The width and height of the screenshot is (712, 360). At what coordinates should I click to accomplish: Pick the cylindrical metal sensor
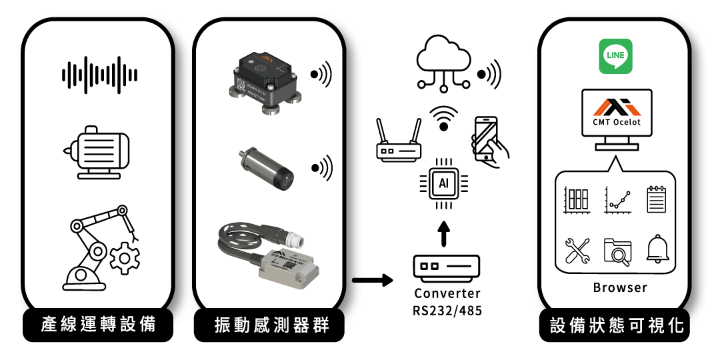[x=265, y=167]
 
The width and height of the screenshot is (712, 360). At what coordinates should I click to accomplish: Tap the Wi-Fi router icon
[x=399, y=141]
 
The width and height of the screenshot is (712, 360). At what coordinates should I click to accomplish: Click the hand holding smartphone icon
[x=490, y=140]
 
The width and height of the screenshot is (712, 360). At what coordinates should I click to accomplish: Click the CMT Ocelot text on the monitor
[x=616, y=121]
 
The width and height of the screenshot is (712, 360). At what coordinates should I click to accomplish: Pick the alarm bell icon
[x=657, y=251]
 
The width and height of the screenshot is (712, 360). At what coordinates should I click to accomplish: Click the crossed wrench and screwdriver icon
[x=577, y=251]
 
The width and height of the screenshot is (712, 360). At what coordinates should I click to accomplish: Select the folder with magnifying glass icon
[x=617, y=252]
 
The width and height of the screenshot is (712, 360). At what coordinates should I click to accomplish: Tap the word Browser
[x=620, y=287]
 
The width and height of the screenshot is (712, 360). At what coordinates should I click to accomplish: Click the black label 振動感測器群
[x=271, y=325]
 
